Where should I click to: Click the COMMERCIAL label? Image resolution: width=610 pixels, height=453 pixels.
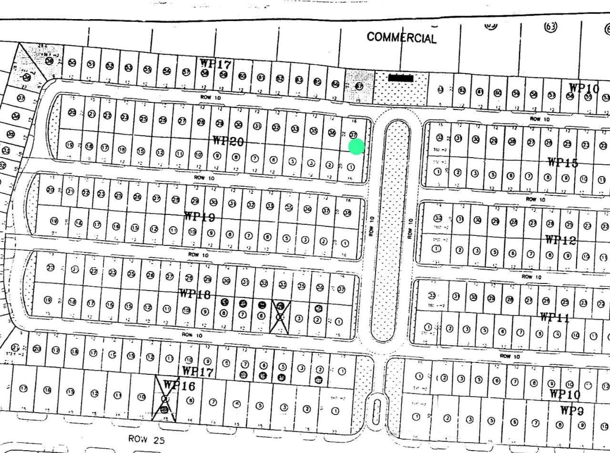401,37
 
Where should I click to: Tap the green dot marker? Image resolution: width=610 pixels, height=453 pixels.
356,147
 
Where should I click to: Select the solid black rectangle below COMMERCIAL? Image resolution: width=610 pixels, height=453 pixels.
401,78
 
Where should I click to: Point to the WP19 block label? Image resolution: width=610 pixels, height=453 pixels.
200,217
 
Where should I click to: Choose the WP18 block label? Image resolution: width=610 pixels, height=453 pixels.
194,293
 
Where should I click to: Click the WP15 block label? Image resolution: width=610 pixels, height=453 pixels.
562,162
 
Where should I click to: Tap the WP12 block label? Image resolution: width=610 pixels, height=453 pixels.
560,240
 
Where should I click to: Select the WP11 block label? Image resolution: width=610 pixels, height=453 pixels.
554,317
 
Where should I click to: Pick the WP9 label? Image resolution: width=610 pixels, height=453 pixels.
572,410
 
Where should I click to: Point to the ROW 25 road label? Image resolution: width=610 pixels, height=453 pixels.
146,439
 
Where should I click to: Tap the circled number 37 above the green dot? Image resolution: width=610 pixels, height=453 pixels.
353,135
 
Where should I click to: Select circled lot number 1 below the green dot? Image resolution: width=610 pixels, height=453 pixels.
351,167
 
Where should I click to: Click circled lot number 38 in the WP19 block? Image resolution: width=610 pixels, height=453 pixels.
347,213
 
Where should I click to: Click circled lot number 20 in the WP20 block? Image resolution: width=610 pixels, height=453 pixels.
72,113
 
